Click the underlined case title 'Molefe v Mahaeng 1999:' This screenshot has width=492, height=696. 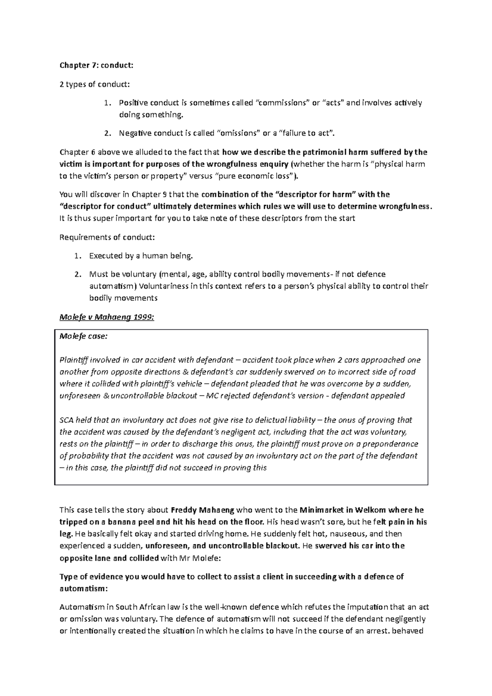click(107, 317)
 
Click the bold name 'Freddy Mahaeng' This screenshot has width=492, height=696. click(202, 510)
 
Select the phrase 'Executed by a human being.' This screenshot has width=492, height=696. click(141, 256)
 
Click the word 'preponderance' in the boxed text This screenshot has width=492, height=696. click(394, 444)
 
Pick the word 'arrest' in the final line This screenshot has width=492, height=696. click(376, 631)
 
